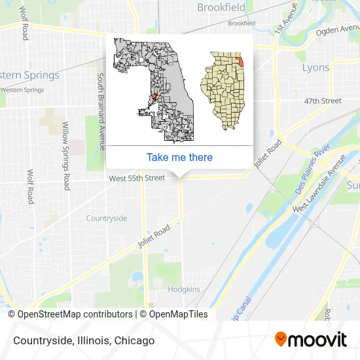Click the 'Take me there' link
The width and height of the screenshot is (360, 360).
tap(179, 157)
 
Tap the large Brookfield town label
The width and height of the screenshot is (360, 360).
tap(221, 8)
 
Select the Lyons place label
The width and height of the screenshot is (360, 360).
tap(315, 67)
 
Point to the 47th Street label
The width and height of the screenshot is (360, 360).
tap(323, 101)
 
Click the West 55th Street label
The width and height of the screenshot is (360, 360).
tap(137, 178)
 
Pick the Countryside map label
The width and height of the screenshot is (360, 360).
tap(106, 218)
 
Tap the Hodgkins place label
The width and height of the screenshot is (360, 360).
tap(183, 288)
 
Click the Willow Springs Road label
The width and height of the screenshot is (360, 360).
tap(65, 156)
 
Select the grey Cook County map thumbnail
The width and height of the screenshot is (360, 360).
tap(154, 90)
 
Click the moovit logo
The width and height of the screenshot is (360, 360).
tap(310, 340)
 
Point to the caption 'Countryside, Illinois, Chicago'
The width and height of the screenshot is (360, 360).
tap(82, 340)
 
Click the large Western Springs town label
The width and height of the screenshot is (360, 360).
tap(29, 75)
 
